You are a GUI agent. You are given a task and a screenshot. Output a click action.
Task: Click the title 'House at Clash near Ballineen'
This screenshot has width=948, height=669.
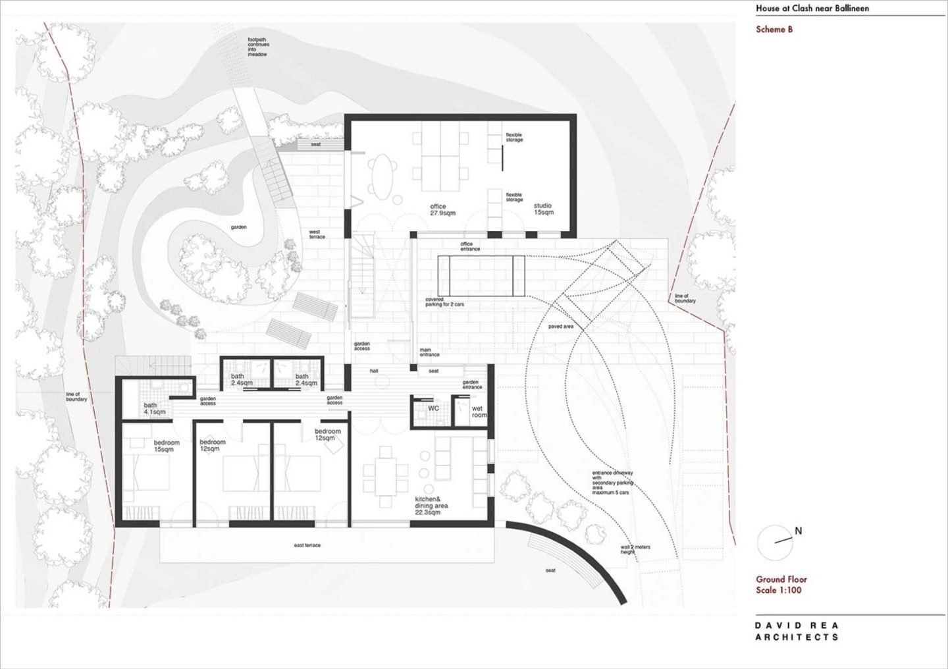pos(803,9)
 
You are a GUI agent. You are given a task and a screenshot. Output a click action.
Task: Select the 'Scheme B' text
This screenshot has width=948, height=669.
pos(774,30)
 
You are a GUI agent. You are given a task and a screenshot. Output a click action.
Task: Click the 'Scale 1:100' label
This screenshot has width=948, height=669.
pos(779,590)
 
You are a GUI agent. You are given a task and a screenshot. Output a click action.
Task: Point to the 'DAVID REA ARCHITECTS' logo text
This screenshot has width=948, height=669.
pos(797,631)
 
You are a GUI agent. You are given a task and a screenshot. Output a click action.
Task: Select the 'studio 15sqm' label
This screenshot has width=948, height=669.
pos(543,209)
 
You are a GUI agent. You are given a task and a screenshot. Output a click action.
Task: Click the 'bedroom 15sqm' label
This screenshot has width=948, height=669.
pos(163,446)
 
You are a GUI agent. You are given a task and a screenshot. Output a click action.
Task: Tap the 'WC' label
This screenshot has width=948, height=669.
pos(433,408)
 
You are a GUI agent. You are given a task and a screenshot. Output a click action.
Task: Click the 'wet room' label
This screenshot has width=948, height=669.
pos(479,412)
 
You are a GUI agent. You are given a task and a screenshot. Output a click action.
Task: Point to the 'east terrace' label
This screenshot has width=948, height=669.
pos(307,546)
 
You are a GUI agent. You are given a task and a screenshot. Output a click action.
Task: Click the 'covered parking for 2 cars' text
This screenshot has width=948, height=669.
pos(439,302)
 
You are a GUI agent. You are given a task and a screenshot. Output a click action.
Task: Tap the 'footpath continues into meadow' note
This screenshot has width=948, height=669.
pos(257,47)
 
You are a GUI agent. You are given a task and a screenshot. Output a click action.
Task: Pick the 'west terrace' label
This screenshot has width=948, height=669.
pos(317,234)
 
